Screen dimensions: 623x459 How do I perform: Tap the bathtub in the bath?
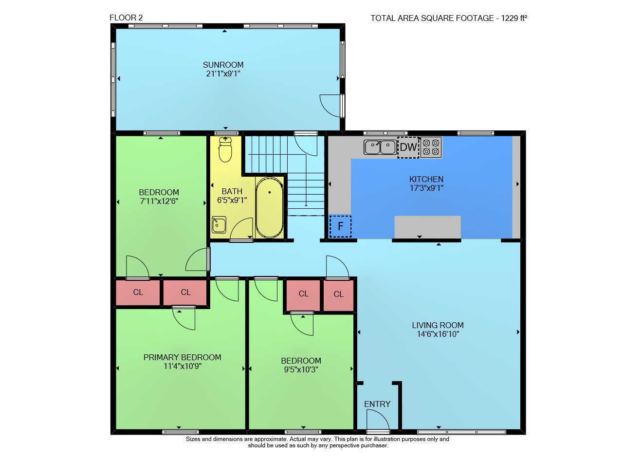click(x=269, y=207)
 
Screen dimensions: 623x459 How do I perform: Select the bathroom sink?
click(x=219, y=224)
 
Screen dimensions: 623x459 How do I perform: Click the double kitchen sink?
click(x=380, y=147)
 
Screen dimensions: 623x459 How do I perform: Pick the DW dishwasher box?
click(x=408, y=147)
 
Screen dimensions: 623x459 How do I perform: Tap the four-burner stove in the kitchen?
click(x=431, y=147)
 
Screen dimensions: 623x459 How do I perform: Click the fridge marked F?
click(x=340, y=226)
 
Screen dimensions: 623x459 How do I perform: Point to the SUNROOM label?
click(x=223, y=65)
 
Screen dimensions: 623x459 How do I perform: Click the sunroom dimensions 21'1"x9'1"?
click(x=223, y=73)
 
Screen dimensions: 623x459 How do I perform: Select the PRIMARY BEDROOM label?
click(x=182, y=357)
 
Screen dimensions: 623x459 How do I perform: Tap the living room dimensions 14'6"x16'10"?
click(x=438, y=334)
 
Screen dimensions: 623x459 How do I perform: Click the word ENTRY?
click(x=377, y=404)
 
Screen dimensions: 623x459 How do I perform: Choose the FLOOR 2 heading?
click(x=126, y=18)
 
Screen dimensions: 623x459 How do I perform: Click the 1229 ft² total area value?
click(x=514, y=18)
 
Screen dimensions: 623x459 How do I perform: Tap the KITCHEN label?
click(x=426, y=179)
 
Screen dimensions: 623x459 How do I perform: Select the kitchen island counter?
click(x=427, y=227)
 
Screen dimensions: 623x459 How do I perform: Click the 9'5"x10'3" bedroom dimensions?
click(x=301, y=369)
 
